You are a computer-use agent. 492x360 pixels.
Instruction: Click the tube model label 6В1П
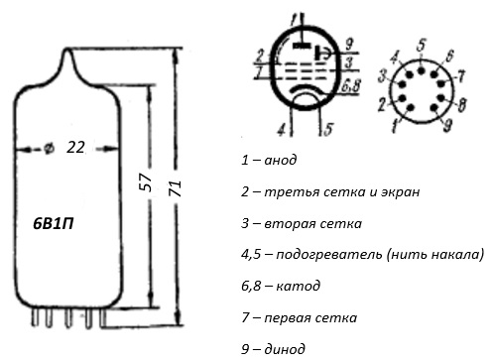54,224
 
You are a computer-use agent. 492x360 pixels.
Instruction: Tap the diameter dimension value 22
75,147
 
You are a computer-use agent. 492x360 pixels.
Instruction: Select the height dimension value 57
146,181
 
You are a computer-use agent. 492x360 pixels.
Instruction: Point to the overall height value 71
176,188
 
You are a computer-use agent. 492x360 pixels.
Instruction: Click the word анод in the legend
281,161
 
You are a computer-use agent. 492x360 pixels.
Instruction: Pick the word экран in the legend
400,192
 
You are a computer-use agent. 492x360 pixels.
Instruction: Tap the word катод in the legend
298,286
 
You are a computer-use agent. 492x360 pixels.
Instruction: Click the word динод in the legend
285,349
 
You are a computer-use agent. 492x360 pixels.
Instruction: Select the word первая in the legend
288,318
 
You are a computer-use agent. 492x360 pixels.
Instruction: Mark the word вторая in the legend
288,224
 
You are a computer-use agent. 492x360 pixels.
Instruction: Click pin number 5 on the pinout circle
421,46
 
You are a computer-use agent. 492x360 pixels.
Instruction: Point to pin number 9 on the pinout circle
447,125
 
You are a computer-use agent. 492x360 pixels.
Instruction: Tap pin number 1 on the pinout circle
394,126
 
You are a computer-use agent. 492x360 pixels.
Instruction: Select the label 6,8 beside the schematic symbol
351,86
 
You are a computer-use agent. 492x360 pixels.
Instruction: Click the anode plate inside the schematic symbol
302,46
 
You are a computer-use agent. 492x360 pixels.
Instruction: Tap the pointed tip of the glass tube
67,49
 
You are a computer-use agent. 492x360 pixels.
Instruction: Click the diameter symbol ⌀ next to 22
49,149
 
